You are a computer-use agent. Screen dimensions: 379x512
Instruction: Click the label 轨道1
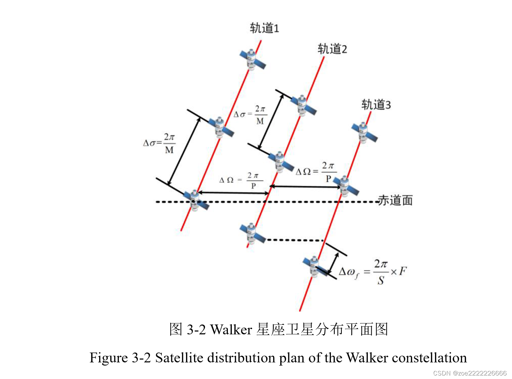click(264, 28)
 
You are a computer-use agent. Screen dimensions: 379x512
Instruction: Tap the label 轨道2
click(332, 49)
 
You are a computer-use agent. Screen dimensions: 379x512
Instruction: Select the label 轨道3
click(376, 105)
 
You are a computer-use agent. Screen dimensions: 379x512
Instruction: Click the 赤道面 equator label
click(395, 200)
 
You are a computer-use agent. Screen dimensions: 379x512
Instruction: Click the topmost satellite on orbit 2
click(303, 105)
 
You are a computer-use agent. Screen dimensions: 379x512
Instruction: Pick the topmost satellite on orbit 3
click(364, 133)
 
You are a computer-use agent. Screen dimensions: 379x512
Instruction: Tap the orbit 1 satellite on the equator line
click(196, 200)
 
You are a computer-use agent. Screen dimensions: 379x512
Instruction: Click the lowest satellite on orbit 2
click(252, 233)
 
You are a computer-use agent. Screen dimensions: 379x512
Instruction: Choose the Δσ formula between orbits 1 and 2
click(250, 115)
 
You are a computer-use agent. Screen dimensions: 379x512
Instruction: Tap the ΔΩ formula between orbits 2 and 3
click(316, 171)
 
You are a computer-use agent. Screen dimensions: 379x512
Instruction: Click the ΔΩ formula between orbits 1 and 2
click(241, 180)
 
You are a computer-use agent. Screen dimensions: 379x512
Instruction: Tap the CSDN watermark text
click(470, 373)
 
